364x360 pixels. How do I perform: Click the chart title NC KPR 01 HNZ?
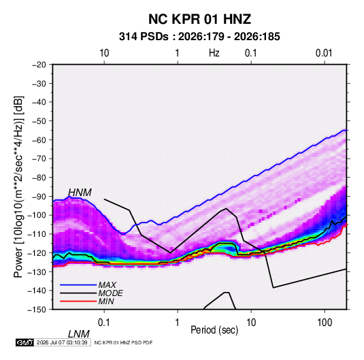(x=199, y=19)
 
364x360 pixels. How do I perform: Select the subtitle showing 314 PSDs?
(x=199, y=37)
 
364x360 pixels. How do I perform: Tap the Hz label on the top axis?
(x=214, y=53)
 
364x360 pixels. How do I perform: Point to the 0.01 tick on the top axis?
(x=324, y=53)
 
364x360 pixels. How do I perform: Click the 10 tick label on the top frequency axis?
(x=104, y=53)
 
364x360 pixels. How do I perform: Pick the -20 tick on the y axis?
(x=39, y=65)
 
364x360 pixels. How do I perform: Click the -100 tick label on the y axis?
(x=37, y=215)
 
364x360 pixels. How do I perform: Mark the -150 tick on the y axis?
(x=37, y=310)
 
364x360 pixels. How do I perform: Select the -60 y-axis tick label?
(x=39, y=140)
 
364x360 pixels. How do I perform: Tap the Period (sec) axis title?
(x=214, y=330)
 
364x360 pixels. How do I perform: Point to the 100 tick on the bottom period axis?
(x=325, y=323)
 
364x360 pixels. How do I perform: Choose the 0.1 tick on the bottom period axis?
(x=104, y=323)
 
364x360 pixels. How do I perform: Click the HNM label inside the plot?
(x=80, y=193)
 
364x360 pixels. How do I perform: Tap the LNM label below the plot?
(x=79, y=334)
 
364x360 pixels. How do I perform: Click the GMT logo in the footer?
(x=25, y=342)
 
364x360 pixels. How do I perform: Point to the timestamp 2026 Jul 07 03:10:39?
(x=62, y=342)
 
